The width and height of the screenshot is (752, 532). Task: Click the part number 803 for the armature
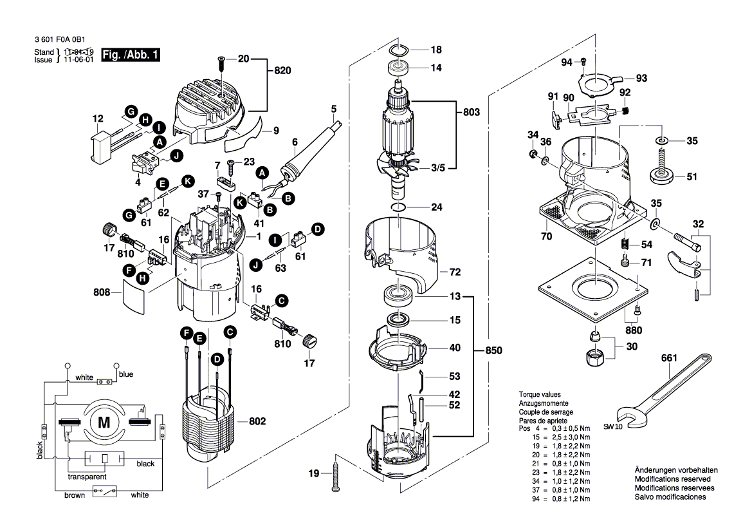click(472, 112)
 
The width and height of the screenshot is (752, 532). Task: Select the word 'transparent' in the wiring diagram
click(87, 478)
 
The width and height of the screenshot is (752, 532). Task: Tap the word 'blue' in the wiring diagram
click(126, 374)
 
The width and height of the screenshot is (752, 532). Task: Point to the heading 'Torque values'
click(540, 394)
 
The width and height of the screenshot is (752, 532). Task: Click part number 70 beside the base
click(546, 236)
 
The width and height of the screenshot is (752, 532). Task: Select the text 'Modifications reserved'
click(672, 479)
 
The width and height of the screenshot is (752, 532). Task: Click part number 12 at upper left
click(98, 119)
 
